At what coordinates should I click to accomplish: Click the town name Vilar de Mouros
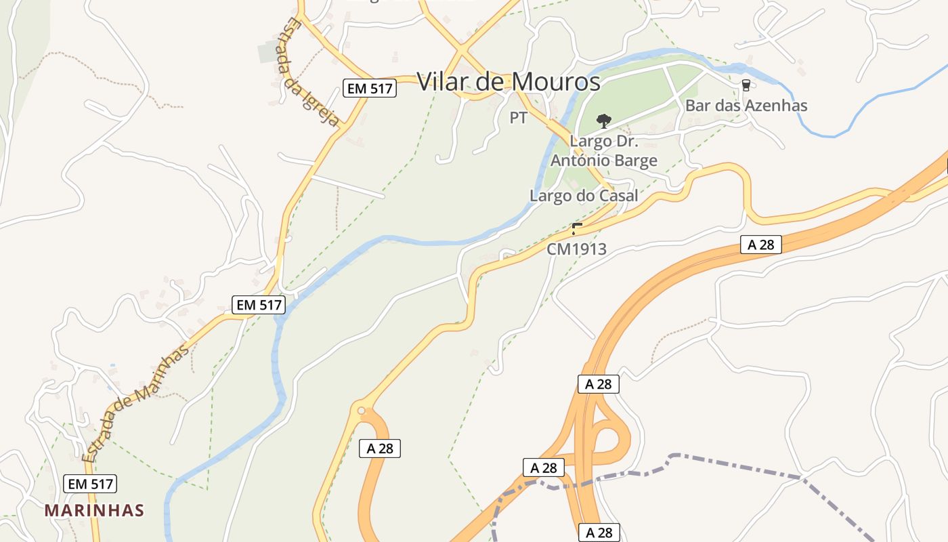[x=508, y=82]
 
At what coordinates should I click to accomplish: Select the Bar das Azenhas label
[x=746, y=106]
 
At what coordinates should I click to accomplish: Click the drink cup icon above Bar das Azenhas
[x=746, y=85]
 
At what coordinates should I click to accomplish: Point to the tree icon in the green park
[x=603, y=121]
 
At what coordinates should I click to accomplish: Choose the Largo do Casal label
[x=584, y=196]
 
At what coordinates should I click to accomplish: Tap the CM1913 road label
[x=577, y=249]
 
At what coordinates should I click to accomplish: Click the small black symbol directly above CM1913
[x=576, y=228]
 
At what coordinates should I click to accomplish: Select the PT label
[x=518, y=118]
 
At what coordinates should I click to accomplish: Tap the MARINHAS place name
[x=95, y=510]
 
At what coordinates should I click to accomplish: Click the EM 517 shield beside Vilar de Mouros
[x=369, y=87]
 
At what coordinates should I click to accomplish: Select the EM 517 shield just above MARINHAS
[x=90, y=484]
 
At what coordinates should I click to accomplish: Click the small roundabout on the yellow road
[x=361, y=410]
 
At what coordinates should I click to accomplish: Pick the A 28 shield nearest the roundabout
[x=380, y=448]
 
